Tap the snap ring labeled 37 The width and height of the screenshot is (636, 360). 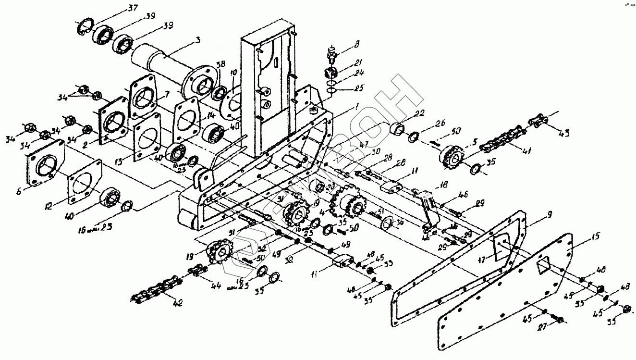tap(85, 28)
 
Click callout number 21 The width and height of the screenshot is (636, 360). tap(359, 62)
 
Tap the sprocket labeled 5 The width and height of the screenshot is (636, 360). tap(450, 154)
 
